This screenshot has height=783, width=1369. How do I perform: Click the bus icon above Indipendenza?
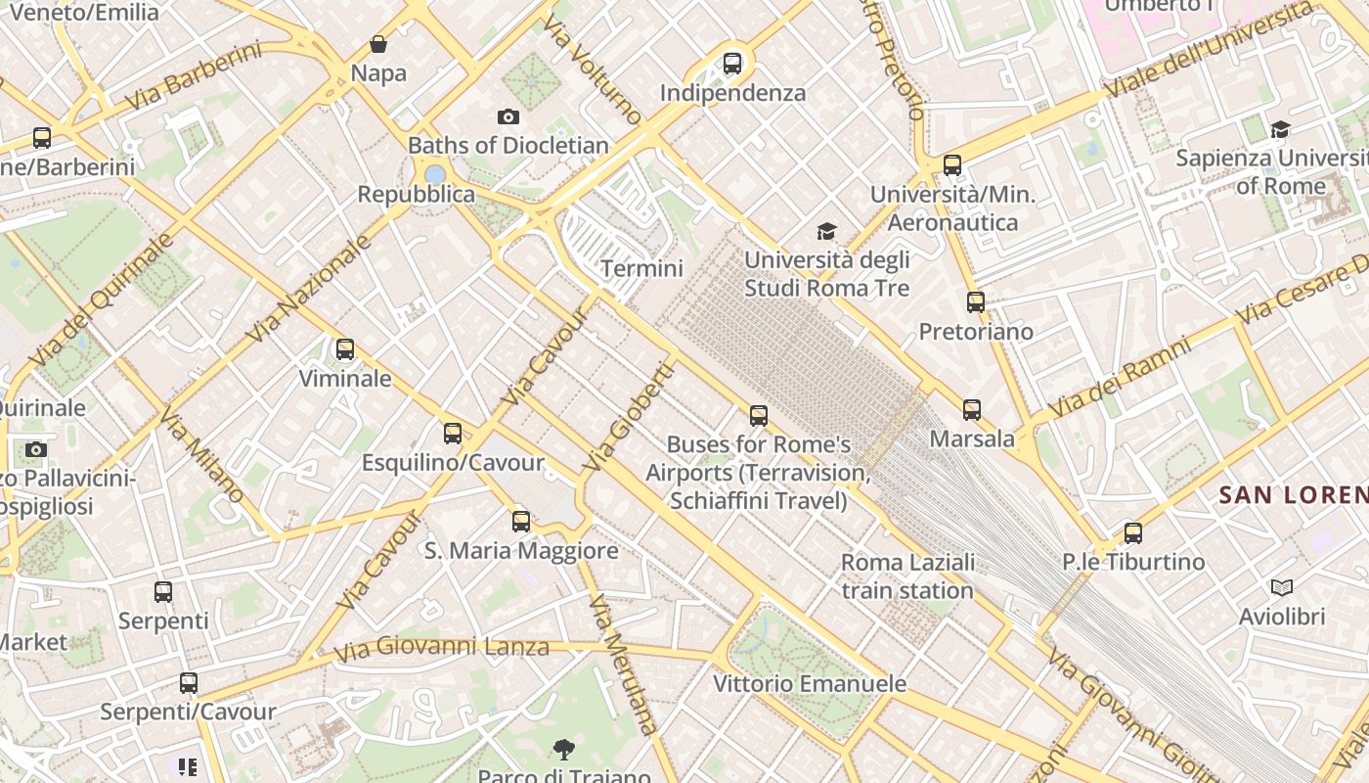(732, 65)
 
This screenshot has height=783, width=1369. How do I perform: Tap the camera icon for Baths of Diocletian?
(508, 117)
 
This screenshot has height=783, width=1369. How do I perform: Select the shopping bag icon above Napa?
(378, 44)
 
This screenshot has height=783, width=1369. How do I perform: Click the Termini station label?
(641, 268)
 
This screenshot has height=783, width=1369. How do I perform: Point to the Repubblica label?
(417, 194)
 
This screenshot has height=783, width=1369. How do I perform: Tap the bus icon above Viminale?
(345, 349)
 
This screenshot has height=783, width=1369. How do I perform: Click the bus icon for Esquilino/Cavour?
(453, 434)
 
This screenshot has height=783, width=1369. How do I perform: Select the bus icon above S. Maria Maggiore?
(521, 522)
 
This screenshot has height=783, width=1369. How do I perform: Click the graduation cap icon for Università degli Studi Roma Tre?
(827, 232)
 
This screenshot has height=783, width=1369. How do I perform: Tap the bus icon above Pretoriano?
(976, 302)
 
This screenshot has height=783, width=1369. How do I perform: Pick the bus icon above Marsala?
(972, 410)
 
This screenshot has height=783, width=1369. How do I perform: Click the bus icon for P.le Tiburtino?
(1133, 533)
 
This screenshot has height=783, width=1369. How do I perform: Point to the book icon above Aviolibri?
(1282, 588)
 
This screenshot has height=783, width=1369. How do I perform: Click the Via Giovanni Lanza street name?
(441, 649)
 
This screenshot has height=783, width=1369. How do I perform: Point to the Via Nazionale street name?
(309, 290)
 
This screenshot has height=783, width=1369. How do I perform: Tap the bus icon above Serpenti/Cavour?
(189, 683)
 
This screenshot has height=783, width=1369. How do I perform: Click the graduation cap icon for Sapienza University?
(1280, 130)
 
